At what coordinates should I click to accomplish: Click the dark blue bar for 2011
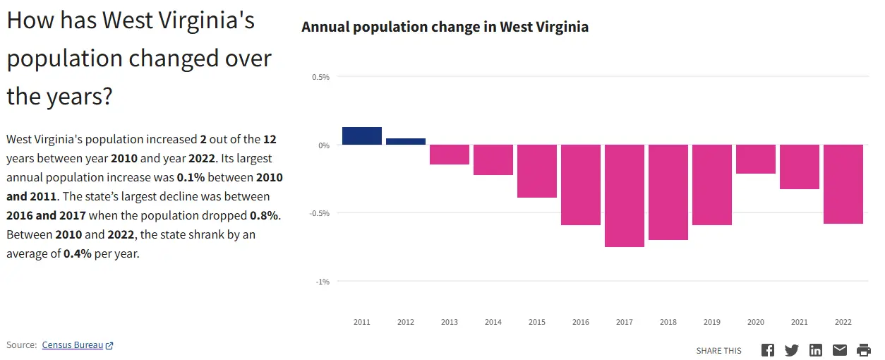pos(362,136)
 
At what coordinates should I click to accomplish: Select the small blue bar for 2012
pos(406,141)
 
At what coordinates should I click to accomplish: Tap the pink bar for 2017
pos(625,196)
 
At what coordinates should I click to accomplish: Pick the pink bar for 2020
pos(756,159)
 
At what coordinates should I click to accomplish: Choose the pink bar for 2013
pos(450,155)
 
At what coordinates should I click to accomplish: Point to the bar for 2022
pos(843,184)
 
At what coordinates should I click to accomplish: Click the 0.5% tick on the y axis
pos(321,77)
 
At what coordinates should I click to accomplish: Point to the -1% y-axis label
pos(322,282)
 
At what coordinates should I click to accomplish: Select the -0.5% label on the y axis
pos(320,213)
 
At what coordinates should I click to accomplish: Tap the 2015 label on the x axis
pos(537,323)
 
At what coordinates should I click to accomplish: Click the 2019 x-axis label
pos(712,323)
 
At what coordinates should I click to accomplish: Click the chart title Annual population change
pos(445,27)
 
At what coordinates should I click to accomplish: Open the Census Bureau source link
pos(73,345)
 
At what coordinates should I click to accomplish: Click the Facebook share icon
pos(768,350)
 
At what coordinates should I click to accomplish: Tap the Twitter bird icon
pos(792,350)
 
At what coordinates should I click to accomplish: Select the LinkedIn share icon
pos(816,350)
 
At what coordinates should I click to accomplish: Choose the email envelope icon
pos(840,350)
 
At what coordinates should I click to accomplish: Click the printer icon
pos(864,350)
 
